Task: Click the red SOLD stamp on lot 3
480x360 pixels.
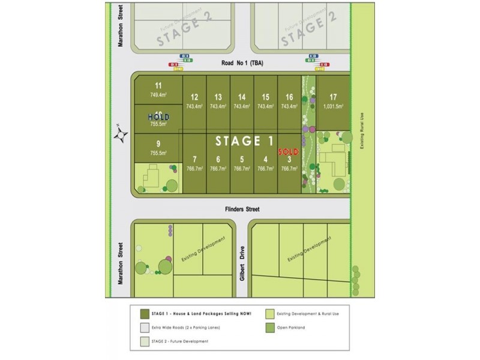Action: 288,152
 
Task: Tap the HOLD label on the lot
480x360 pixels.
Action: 158,116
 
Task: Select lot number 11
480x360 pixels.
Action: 158,85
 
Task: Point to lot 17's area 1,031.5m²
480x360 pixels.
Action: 333,106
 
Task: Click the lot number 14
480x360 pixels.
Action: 241,97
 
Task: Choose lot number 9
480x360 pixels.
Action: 158,143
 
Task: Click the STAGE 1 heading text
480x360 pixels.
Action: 245,142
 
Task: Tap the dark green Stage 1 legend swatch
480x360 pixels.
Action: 144,314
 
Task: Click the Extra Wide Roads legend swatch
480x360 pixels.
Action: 144,328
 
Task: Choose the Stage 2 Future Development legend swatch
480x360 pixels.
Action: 144,341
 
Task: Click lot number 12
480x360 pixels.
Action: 194,97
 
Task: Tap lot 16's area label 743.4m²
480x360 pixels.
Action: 289,106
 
